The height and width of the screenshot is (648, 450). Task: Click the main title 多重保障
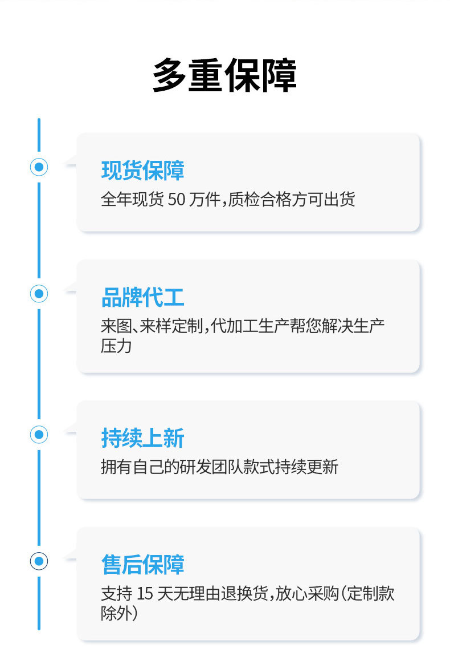click(224, 76)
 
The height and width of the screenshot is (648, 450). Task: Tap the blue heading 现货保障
click(142, 171)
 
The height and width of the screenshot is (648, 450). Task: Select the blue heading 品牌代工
click(142, 298)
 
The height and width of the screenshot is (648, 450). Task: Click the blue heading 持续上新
click(142, 439)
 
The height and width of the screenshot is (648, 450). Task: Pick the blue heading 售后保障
click(142, 565)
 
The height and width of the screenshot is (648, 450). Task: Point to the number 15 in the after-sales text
click(145, 594)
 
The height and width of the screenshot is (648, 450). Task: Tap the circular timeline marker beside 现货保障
click(39, 167)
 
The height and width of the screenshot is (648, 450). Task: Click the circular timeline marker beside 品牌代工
click(39, 294)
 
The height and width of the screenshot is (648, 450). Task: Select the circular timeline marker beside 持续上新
click(39, 435)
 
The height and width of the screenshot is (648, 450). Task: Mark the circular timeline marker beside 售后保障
click(39, 561)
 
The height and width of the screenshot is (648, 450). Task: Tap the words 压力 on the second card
click(116, 346)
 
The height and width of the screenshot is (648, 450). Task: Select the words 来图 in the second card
click(116, 327)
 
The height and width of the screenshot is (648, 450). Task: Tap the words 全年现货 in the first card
click(132, 200)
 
